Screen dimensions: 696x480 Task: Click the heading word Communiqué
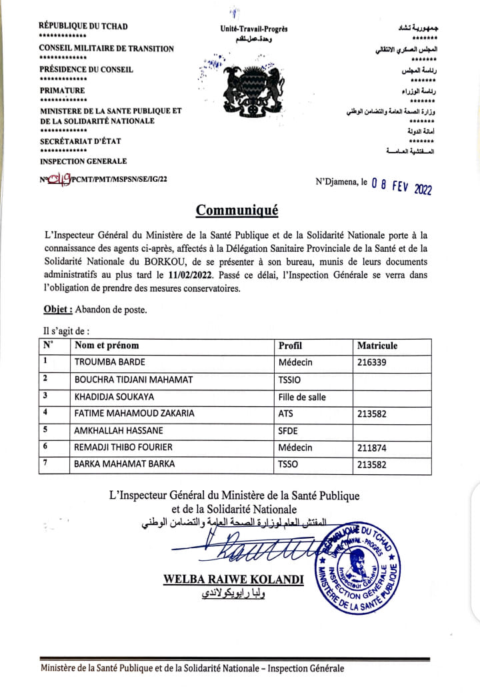(x=237, y=210)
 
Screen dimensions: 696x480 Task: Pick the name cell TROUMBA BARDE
(x=110, y=363)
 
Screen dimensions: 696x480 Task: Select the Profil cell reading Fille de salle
(x=302, y=396)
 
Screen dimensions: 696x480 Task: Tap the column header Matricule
(x=377, y=346)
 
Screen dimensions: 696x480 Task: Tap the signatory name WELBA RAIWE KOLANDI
(x=233, y=580)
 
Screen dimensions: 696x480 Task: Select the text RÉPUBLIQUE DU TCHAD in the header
(x=83, y=26)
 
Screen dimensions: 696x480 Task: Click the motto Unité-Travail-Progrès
(x=254, y=29)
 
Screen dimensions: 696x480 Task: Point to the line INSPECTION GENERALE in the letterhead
(x=83, y=161)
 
